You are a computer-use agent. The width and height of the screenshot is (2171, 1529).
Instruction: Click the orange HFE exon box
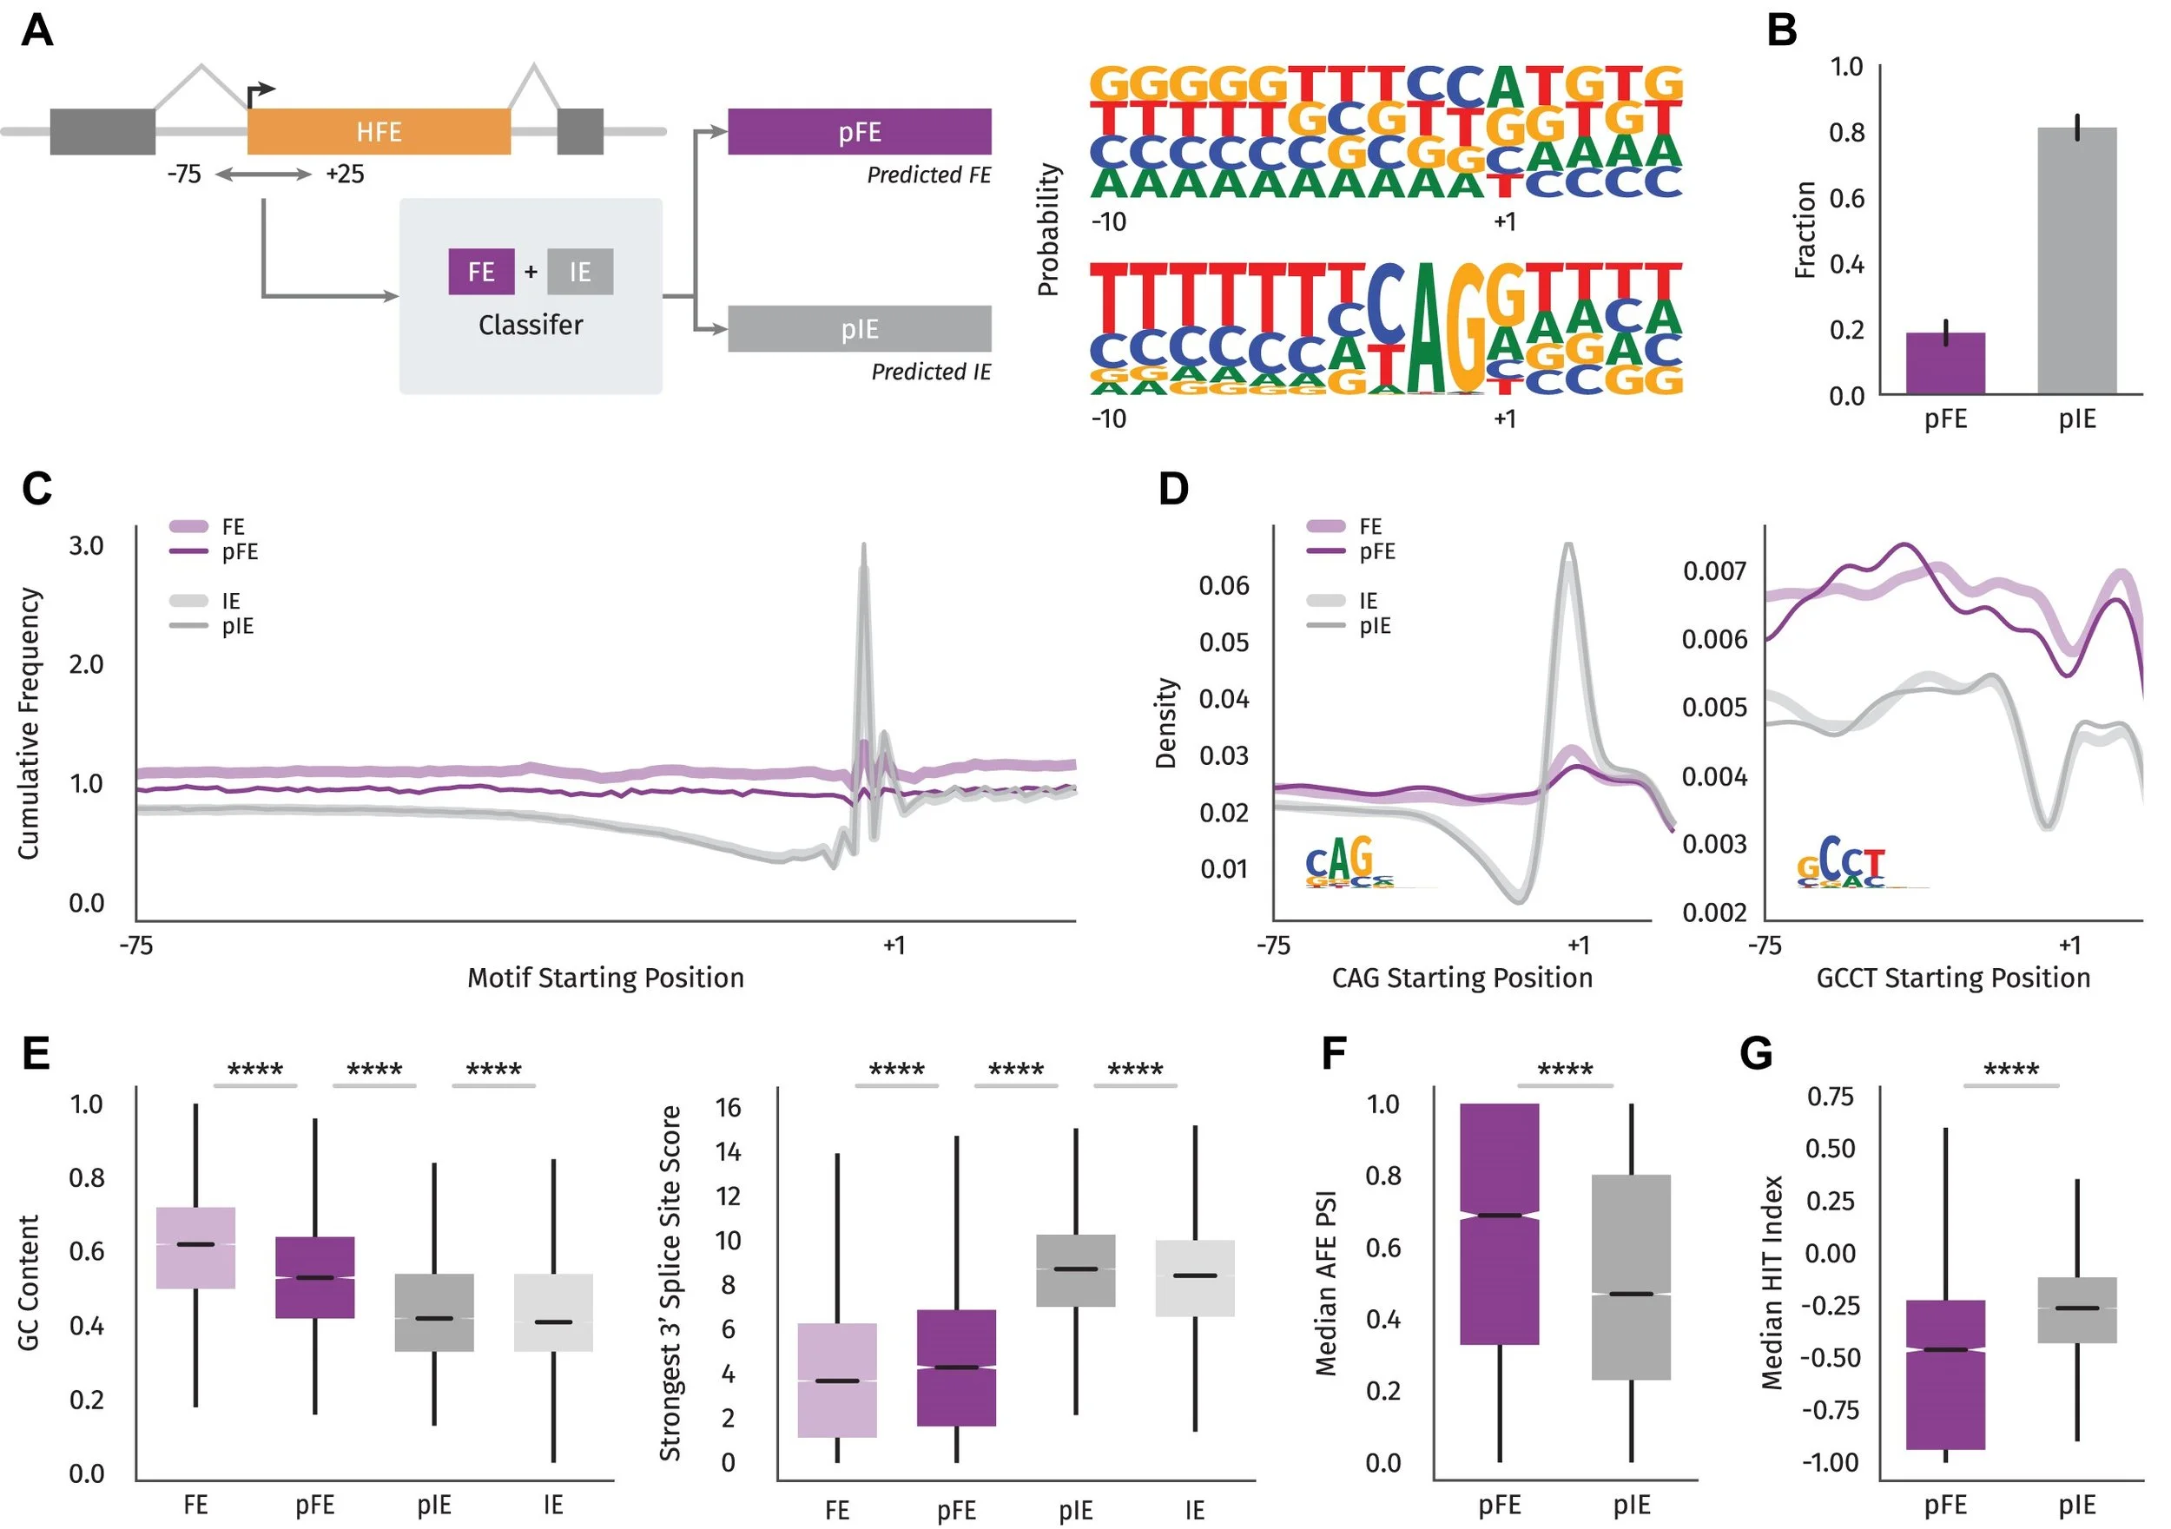pos(379,131)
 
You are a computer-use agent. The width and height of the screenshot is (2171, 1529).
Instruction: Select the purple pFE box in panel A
pos(859,131)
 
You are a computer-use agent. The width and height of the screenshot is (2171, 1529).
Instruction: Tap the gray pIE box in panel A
pos(859,328)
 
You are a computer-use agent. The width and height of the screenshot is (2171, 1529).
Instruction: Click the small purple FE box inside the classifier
pos(481,272)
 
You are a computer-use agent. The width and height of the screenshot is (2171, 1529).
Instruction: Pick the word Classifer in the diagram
pos(530,325)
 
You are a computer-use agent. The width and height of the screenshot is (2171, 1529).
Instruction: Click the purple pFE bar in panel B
pos(1945,363)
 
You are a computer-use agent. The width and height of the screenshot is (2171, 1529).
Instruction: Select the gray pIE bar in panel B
pos(2076,260)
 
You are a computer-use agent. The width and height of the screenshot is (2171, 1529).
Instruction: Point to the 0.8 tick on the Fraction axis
pos(1845,132)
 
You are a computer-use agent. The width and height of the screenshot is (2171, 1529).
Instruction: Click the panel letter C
pos(36,489)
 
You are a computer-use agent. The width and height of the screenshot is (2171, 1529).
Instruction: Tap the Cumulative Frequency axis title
pos(30,723)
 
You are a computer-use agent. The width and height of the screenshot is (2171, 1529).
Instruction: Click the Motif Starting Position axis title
pos(605,977)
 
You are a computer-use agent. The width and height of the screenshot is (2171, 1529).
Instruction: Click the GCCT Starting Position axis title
pos(1952,977)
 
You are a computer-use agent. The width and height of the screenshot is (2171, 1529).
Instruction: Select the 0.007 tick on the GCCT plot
pos(1714,571)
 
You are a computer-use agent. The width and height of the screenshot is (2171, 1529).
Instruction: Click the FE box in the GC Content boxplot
pos(195,1247)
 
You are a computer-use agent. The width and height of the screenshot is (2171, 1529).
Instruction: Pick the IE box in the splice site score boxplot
pos(1195,1277)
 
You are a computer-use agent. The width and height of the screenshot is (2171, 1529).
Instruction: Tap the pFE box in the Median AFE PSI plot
pos(1500,1223)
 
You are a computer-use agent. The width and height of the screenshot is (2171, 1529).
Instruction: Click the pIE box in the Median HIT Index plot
pos(2076,1309)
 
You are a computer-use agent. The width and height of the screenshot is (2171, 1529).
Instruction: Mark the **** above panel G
pos(2010,1070)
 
